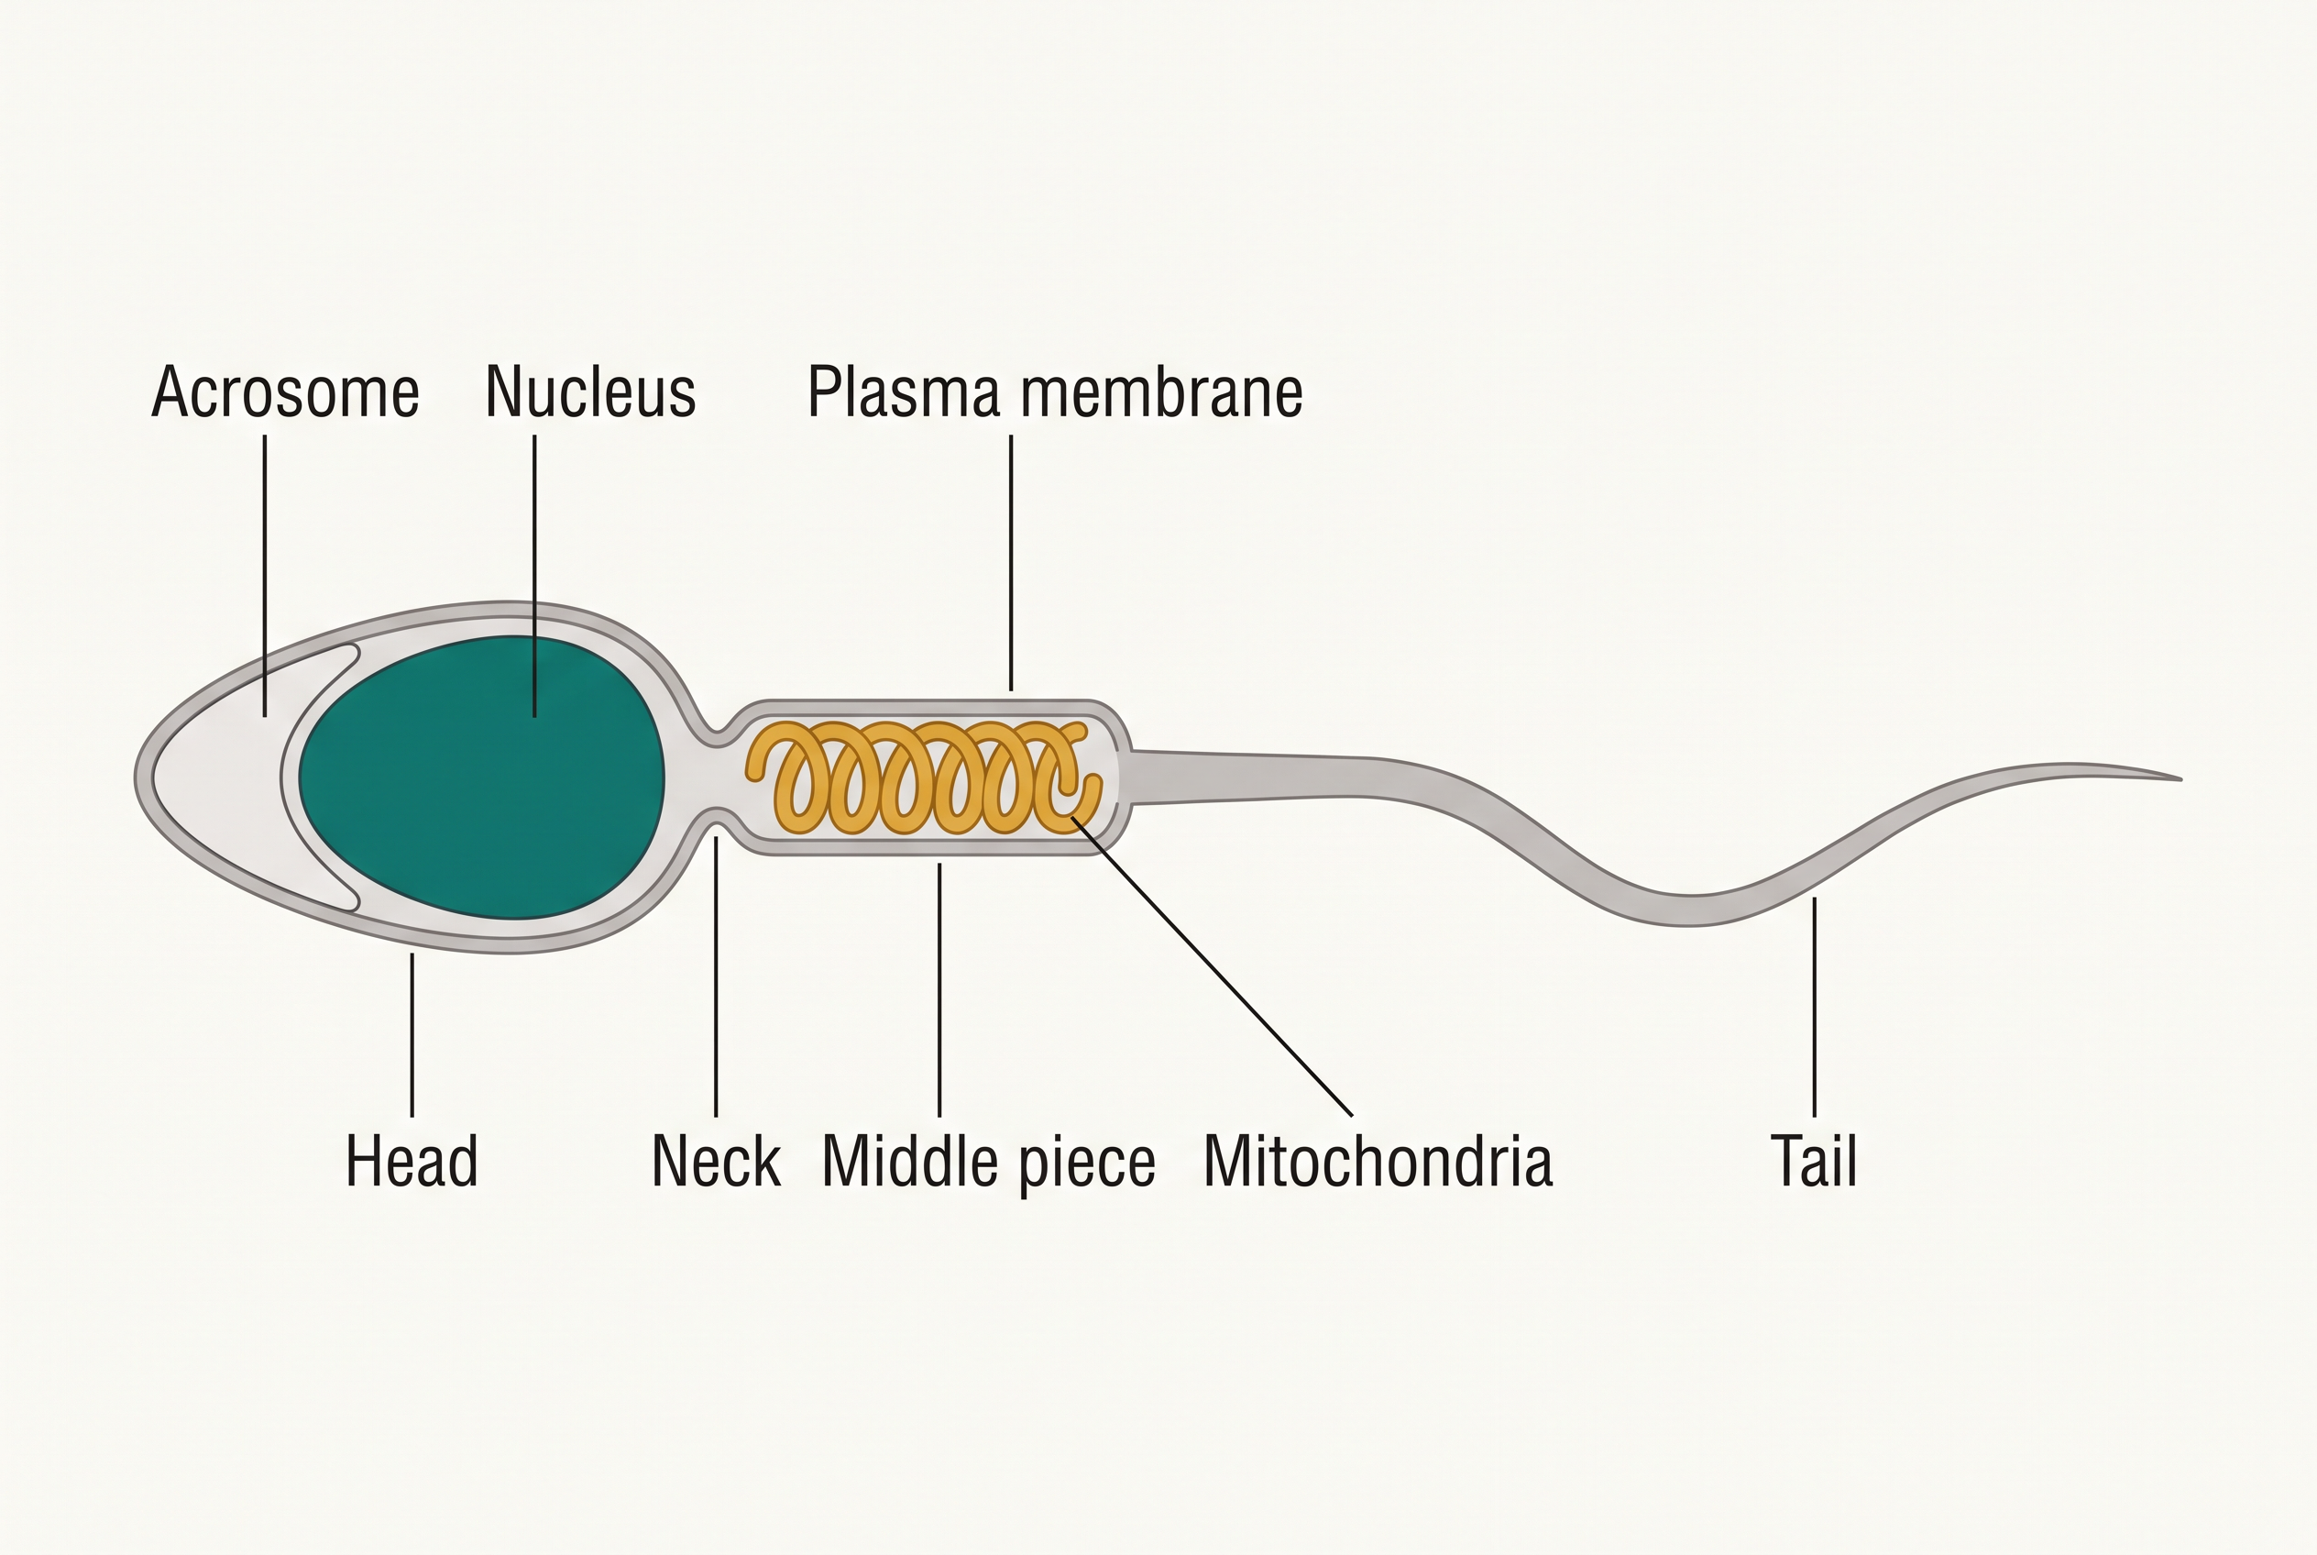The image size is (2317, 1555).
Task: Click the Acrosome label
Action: click(286, 392)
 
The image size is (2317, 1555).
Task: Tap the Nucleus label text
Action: click(590, 392)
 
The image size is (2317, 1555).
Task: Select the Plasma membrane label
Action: click(1055, 392)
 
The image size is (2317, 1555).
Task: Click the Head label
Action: click(412, 1162)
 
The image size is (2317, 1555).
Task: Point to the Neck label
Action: click(716, 1162)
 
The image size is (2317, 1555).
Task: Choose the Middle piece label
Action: click(988, 1163)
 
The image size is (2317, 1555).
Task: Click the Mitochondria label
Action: click(1378, 1162)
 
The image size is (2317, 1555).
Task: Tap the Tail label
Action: click(1813, 1162)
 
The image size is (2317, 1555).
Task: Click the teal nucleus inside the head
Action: click(482, 777)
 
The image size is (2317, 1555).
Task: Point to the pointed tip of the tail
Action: click(2181, 779)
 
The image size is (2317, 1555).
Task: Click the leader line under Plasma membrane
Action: click(1011, 562)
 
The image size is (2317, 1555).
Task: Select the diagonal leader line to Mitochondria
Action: click(1212, 966)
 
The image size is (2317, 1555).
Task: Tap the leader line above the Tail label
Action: click(1815, 1007)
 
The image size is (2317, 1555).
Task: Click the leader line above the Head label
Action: click(412, 1035)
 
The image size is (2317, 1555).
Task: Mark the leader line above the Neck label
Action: click(716, 976)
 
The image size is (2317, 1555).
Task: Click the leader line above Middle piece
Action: click(939, 989)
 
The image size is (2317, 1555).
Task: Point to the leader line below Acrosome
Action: click(265, 575)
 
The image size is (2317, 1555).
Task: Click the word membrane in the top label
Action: click(1161, 392)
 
